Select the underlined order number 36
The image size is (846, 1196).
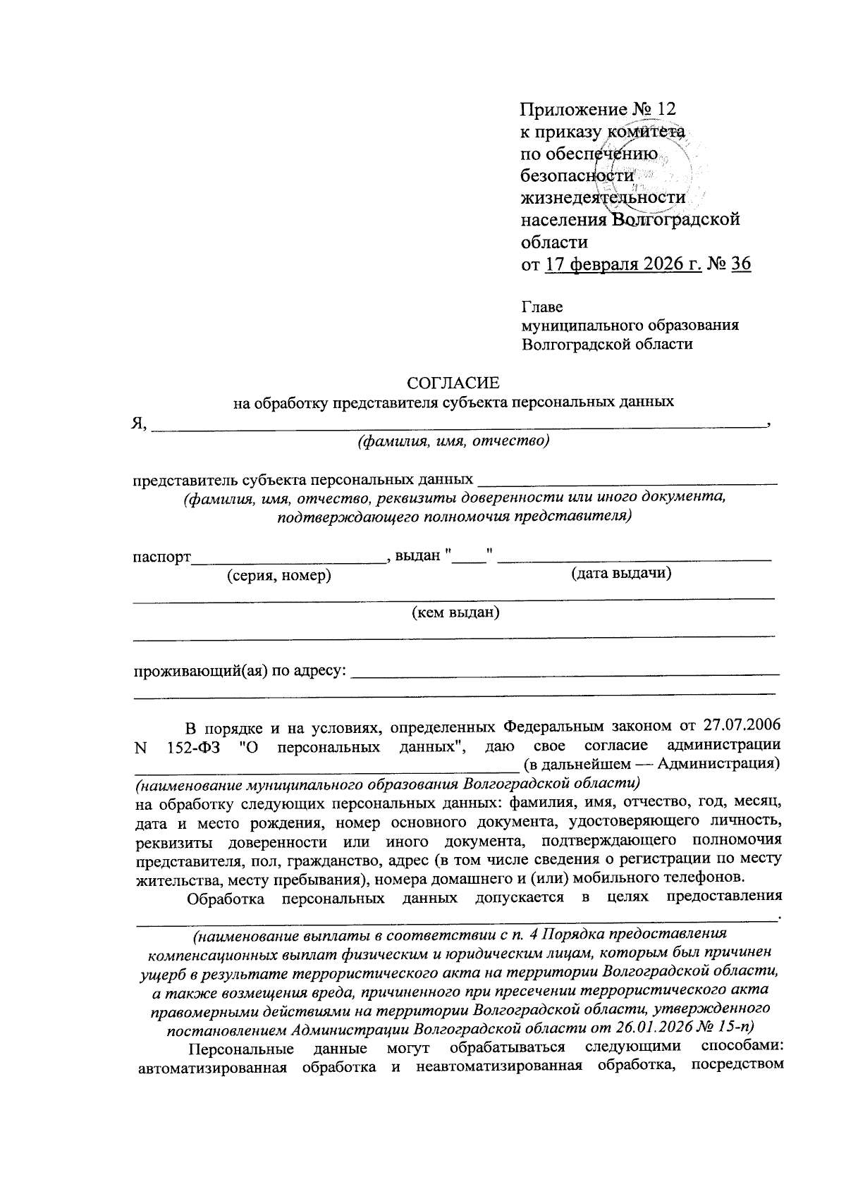point(741,264)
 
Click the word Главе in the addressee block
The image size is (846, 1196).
point(542,307)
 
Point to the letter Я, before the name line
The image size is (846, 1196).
point(139,423)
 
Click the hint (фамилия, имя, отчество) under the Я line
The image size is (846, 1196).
point(453,442)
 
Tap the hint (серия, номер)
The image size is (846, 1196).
point(278,576)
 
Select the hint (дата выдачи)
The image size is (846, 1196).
point(620,573)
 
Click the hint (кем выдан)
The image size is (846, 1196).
point(455,612)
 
